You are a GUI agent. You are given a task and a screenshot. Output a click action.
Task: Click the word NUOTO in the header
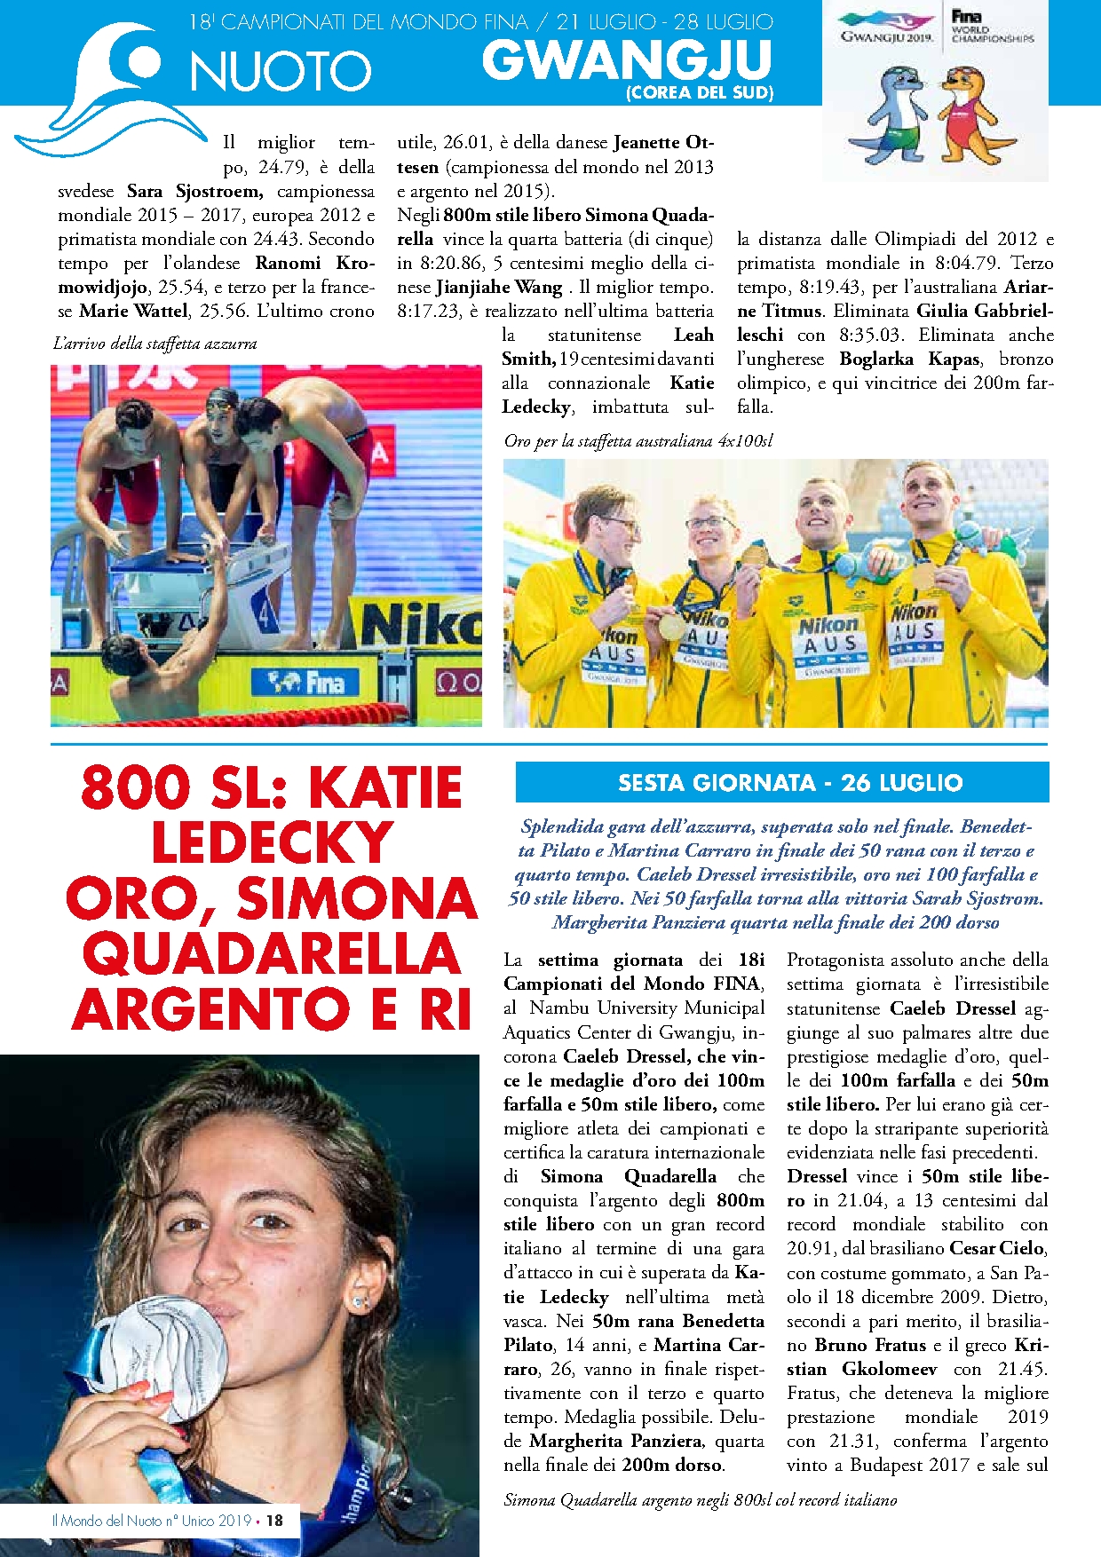[280, 72]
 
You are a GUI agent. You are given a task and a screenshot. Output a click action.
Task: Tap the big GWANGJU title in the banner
[627, 60]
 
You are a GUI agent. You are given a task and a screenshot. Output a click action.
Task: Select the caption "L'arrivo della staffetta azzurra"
[155, 344]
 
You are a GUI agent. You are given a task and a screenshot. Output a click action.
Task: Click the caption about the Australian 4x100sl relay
[638, 440]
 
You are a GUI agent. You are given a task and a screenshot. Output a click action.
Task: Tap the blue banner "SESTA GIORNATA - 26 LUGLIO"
[781, 783]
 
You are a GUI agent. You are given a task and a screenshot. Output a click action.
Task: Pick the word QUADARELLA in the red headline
[272, 954]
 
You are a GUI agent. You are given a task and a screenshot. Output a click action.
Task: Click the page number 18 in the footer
[275, 1521]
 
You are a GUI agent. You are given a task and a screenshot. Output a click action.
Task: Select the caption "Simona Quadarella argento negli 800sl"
[700, 1500]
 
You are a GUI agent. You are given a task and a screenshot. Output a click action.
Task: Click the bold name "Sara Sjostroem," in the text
[194, 191]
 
